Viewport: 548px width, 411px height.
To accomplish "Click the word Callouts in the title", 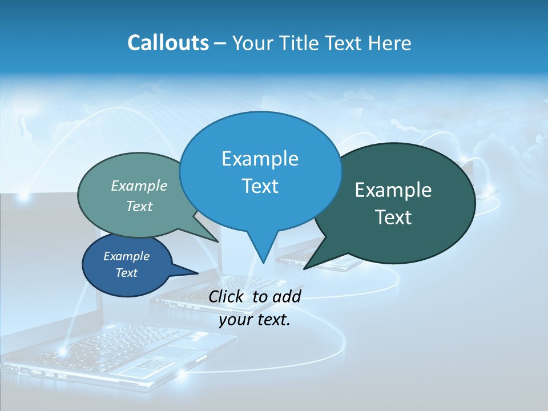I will pos(168,43).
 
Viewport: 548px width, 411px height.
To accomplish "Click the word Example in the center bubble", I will pos(260,158).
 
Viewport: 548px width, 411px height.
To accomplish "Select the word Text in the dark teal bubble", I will pos(393,217).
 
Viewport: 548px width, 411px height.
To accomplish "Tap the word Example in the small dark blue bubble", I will pos(126,256).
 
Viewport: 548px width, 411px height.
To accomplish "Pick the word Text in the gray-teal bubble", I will pos(139,206).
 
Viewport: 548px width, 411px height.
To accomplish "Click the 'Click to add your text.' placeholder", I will pos(255,308).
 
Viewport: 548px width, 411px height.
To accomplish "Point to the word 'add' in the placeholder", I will pos(287,296).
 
